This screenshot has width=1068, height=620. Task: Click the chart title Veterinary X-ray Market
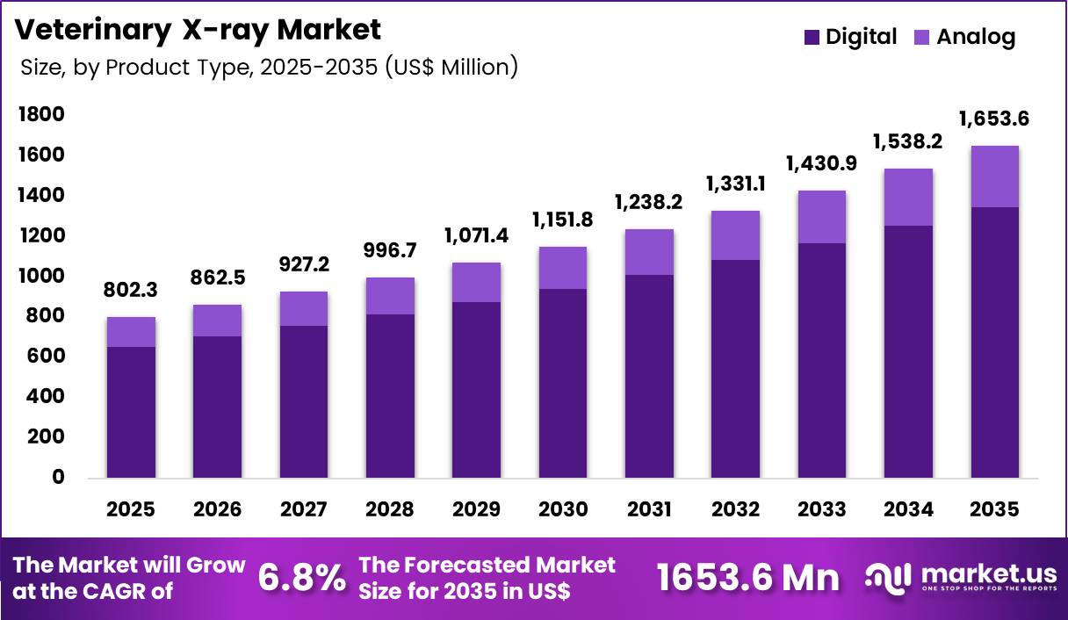pyautogui.click(x=198, y=29)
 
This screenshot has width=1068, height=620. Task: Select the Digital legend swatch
pyautogui.click(x=812, y=37)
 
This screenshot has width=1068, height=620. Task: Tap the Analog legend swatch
pyautogui.click(x=922, y=37)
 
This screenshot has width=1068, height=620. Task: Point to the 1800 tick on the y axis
pyautogui.click(x=42, y=114)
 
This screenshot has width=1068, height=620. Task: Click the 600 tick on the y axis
pyautogui.click(x=47, y=356)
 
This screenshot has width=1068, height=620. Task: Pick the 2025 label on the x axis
pyautogui.click(x=131, y=509)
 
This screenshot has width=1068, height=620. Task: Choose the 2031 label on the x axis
pyautogui.click(x=649, y=509)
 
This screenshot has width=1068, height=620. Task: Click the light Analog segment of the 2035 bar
pyautogui.click(x=994, y=177)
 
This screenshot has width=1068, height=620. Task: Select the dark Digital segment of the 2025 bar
pyautogui.click(x=131, y=413)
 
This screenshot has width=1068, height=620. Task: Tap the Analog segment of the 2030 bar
pyautogui.click(x=562, y=268)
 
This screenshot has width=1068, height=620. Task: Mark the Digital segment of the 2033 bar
pyautogui.click(x=821, y=360)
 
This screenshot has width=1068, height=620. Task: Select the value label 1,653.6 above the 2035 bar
pyautogui.click(x=994, y=119)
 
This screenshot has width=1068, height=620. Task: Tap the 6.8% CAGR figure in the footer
pyautogui.click(x=302, y=577)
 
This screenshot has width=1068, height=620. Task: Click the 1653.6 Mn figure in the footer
pyautogui.click(x=747, y=577)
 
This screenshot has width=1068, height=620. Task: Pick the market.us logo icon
pyautogui.click(x=889, y=576)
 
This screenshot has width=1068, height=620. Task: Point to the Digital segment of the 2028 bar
pyautogui.click(x=390, y=396)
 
